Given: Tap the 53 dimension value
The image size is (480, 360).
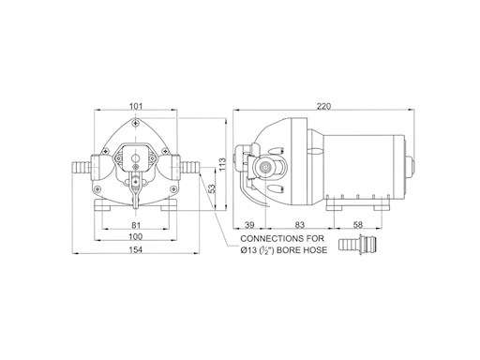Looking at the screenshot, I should (213, 188).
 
